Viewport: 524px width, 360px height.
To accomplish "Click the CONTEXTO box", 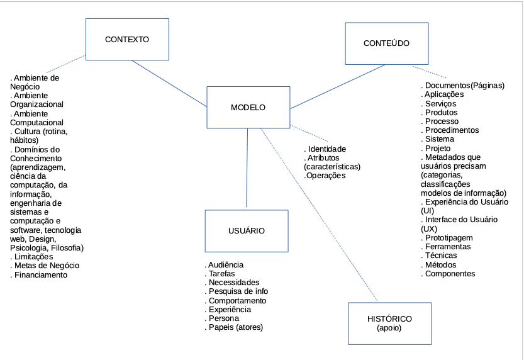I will pyautogui.click(x=127, y=39).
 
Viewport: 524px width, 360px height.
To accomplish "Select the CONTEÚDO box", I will pyautogui.click(x=386, y=43).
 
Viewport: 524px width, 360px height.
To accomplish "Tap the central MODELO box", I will pyautogui.click(x=248, y=108).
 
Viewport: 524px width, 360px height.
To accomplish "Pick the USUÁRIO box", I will pyautogui.click(x=246, y=231).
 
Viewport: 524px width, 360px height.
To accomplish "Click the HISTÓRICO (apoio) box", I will pyautogui.click(x=389, y=323).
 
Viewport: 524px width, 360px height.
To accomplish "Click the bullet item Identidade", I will pyautogui.click(x=326, y=149).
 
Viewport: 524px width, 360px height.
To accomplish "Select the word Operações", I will pyautogui.click(x=325, y=176).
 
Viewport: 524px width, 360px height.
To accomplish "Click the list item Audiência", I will pyautogui.click(x=225, y=265).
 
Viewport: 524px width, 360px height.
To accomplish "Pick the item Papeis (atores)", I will pyautogui.click(x=235, y=327).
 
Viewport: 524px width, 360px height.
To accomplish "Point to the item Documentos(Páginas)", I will pyautogui.click(x=464, y=86).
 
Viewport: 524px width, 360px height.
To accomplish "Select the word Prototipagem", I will pyautogui.click(x=449, y=238).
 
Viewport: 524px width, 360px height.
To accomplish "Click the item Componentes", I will pyautogui.click(x=450, y=274).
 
